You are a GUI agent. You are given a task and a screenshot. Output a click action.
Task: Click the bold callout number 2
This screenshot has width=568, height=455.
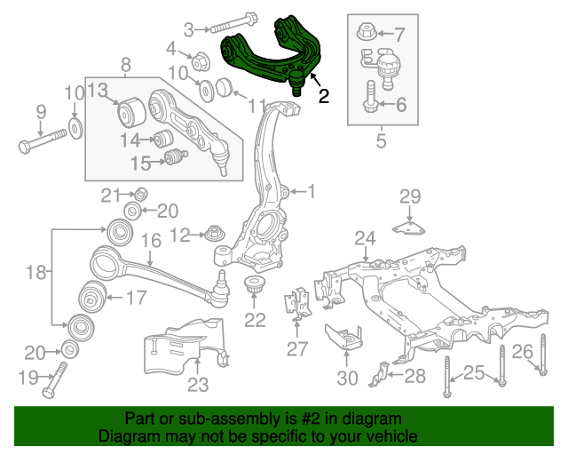tap(324, 97)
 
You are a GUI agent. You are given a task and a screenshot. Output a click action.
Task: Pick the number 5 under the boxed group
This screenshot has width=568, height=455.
tap(381, 140)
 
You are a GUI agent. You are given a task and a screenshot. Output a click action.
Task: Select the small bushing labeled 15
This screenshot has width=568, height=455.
tap(175, 159)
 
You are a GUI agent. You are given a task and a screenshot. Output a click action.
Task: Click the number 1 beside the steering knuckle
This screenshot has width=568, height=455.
tap(311, 190)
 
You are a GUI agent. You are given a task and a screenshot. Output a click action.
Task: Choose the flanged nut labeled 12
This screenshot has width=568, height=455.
tap(213, 235)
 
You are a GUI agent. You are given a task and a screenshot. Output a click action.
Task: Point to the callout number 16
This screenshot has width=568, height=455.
tap(150, 240)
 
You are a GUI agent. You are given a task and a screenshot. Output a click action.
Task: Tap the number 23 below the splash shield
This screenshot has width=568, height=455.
tap(197, 385)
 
